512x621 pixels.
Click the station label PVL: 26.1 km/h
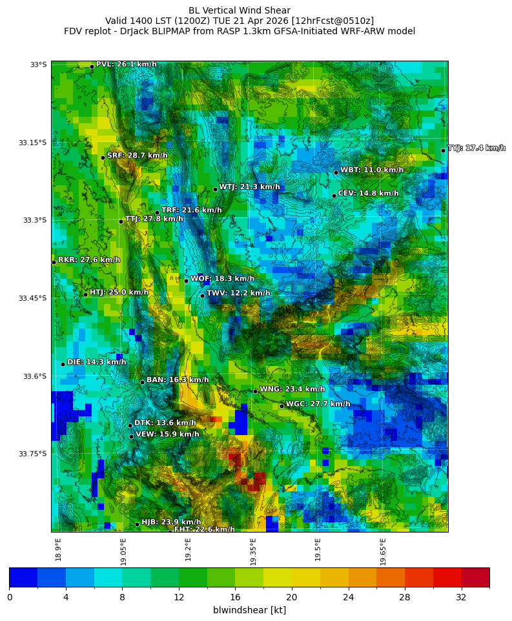pos(126,65)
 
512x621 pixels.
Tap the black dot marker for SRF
pos(103,158)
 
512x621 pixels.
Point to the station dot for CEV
pos(334,196)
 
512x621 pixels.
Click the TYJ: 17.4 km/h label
pos(476,148)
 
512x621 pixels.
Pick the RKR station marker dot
pos(54,262)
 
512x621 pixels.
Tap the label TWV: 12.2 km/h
pos(238,294)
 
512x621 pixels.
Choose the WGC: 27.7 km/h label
pos(318,404)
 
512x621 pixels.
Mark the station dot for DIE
pos(63,364)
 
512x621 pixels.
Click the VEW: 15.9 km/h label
pos(167,434)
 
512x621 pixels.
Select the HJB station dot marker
pos(137,524)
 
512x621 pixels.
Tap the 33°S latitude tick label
pos(38,65)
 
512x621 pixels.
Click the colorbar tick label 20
pos(291,597)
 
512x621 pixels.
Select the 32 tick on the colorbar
pos(461,597)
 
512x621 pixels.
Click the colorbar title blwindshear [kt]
pos(249,610)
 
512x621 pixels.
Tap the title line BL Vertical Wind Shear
pos(240,10)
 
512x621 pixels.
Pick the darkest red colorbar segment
pos(475,577)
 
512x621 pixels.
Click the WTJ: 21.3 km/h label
pos(249,187)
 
